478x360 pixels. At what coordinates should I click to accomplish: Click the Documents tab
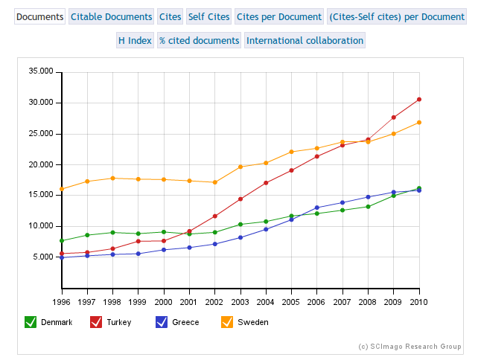(39, 16)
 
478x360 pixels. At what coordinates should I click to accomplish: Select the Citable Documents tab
(111, 16)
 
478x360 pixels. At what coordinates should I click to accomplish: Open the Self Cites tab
(208, 16)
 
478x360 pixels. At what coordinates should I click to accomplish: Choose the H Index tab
(135, 40)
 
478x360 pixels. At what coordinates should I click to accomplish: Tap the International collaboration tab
(305, 40)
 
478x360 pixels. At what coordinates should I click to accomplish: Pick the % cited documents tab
(200, 40)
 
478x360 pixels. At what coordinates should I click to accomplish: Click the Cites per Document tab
(278, 16)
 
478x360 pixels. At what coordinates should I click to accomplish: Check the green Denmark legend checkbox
(31, 322)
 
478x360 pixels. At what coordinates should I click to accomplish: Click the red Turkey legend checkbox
(96, 322)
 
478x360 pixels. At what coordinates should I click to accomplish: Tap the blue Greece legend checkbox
(162, 322)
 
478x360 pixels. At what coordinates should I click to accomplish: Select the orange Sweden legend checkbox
(227, 322)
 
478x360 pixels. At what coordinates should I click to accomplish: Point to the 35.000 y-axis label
(41, 71)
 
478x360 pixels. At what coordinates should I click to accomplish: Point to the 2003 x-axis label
(240, 301)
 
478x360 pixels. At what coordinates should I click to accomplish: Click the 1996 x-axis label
(62, 301)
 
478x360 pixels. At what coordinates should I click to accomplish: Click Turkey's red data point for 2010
(419, 99)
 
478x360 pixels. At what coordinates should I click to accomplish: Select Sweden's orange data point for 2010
(419, 122)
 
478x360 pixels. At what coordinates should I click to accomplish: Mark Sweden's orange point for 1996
(62, 189)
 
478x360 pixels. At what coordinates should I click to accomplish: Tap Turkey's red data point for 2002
(215, 216)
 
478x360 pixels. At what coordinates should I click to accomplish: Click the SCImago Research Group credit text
(410, 347)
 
